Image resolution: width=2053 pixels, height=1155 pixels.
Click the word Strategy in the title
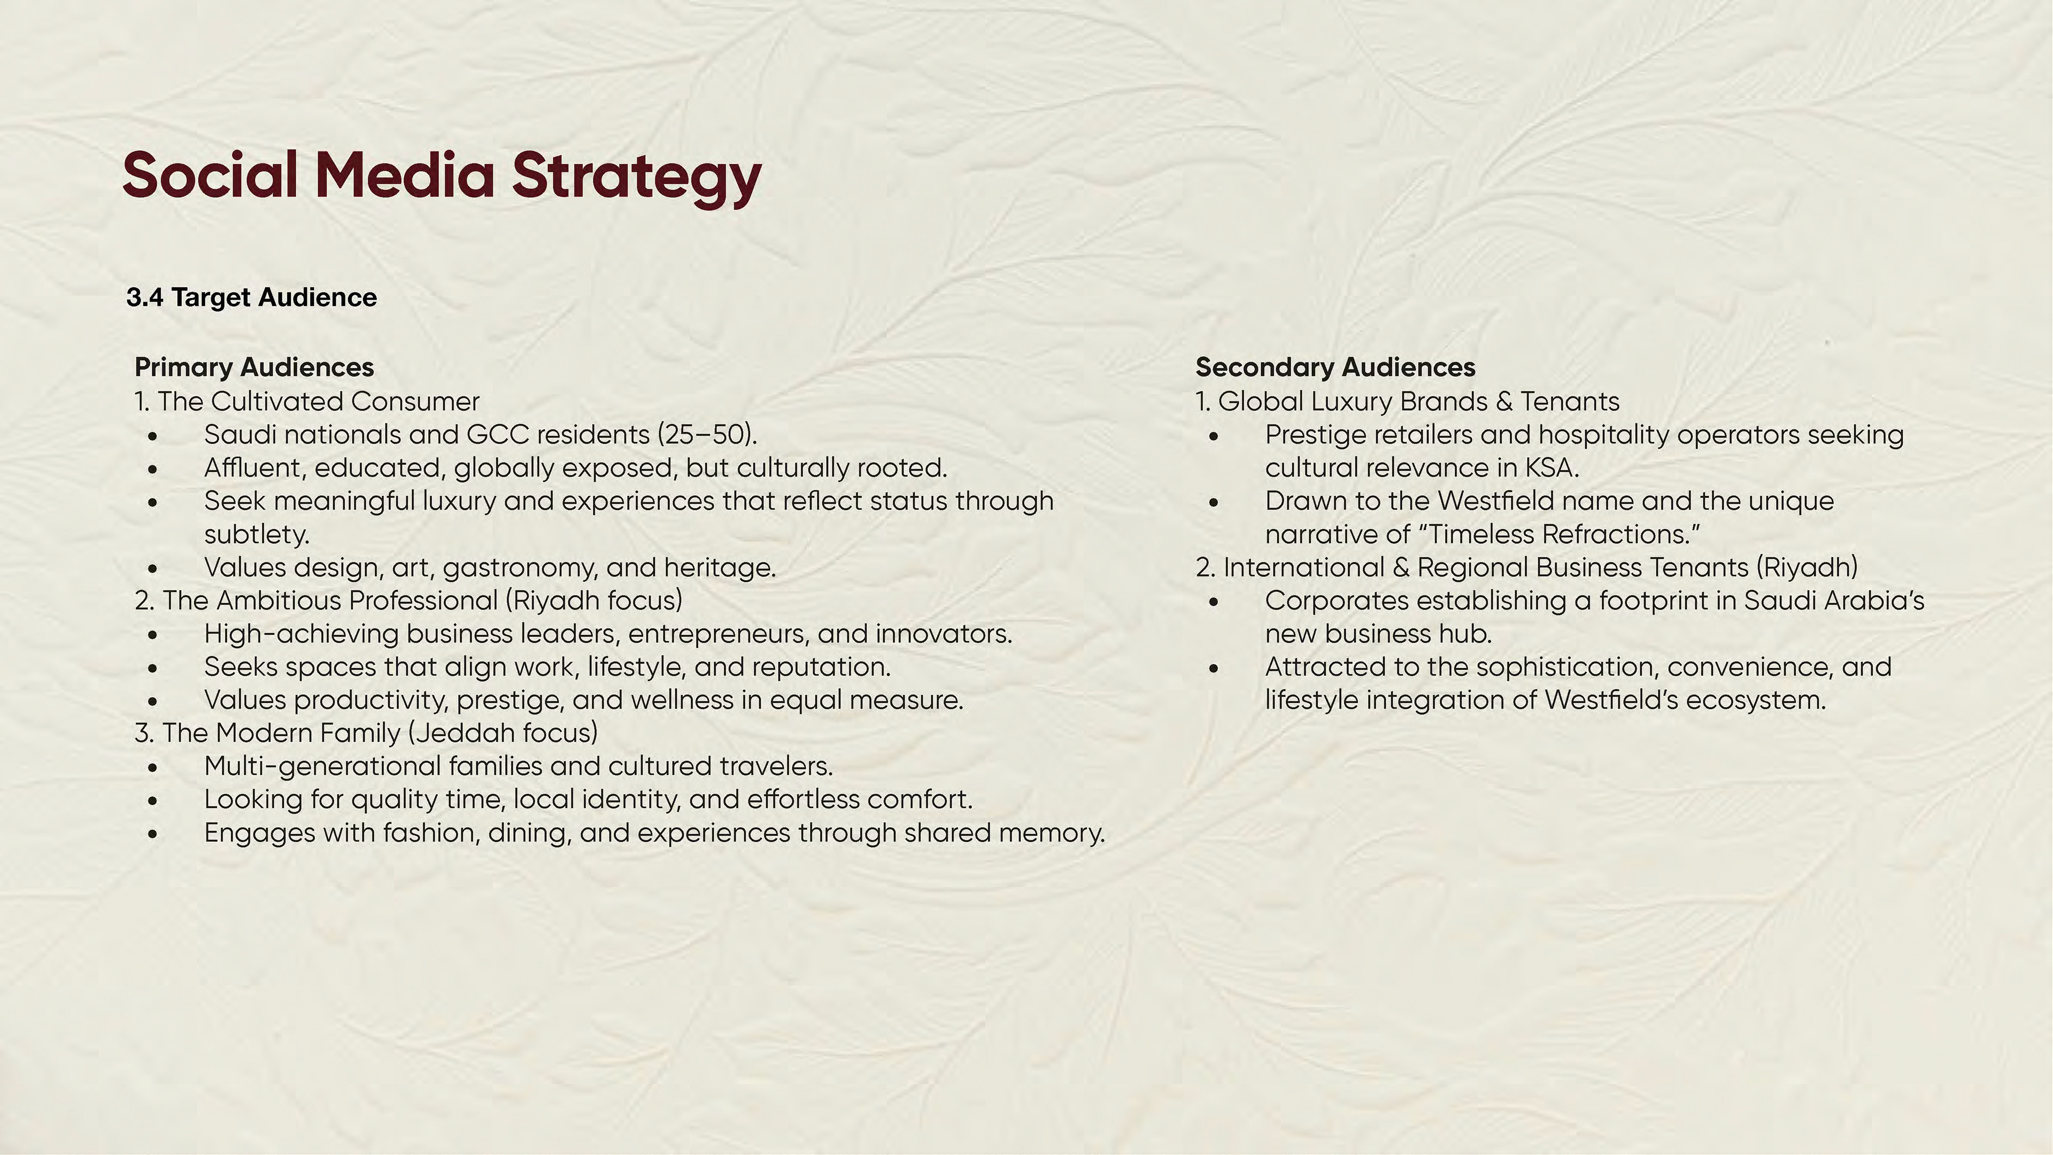[x=636, y=177]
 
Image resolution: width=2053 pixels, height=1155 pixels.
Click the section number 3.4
[x=144, y=297]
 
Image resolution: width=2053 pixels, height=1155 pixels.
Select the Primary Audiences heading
[x=254, y=367]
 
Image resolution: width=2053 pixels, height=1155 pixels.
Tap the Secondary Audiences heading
[x=1335, y=367]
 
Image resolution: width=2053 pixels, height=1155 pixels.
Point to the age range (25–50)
[x=707, y=434]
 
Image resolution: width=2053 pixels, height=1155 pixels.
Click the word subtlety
[x=257, y=534]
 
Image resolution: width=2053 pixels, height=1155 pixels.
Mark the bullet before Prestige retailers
[x=1214, y=436]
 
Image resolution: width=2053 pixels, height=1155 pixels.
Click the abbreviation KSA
[x=1552, y=468]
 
